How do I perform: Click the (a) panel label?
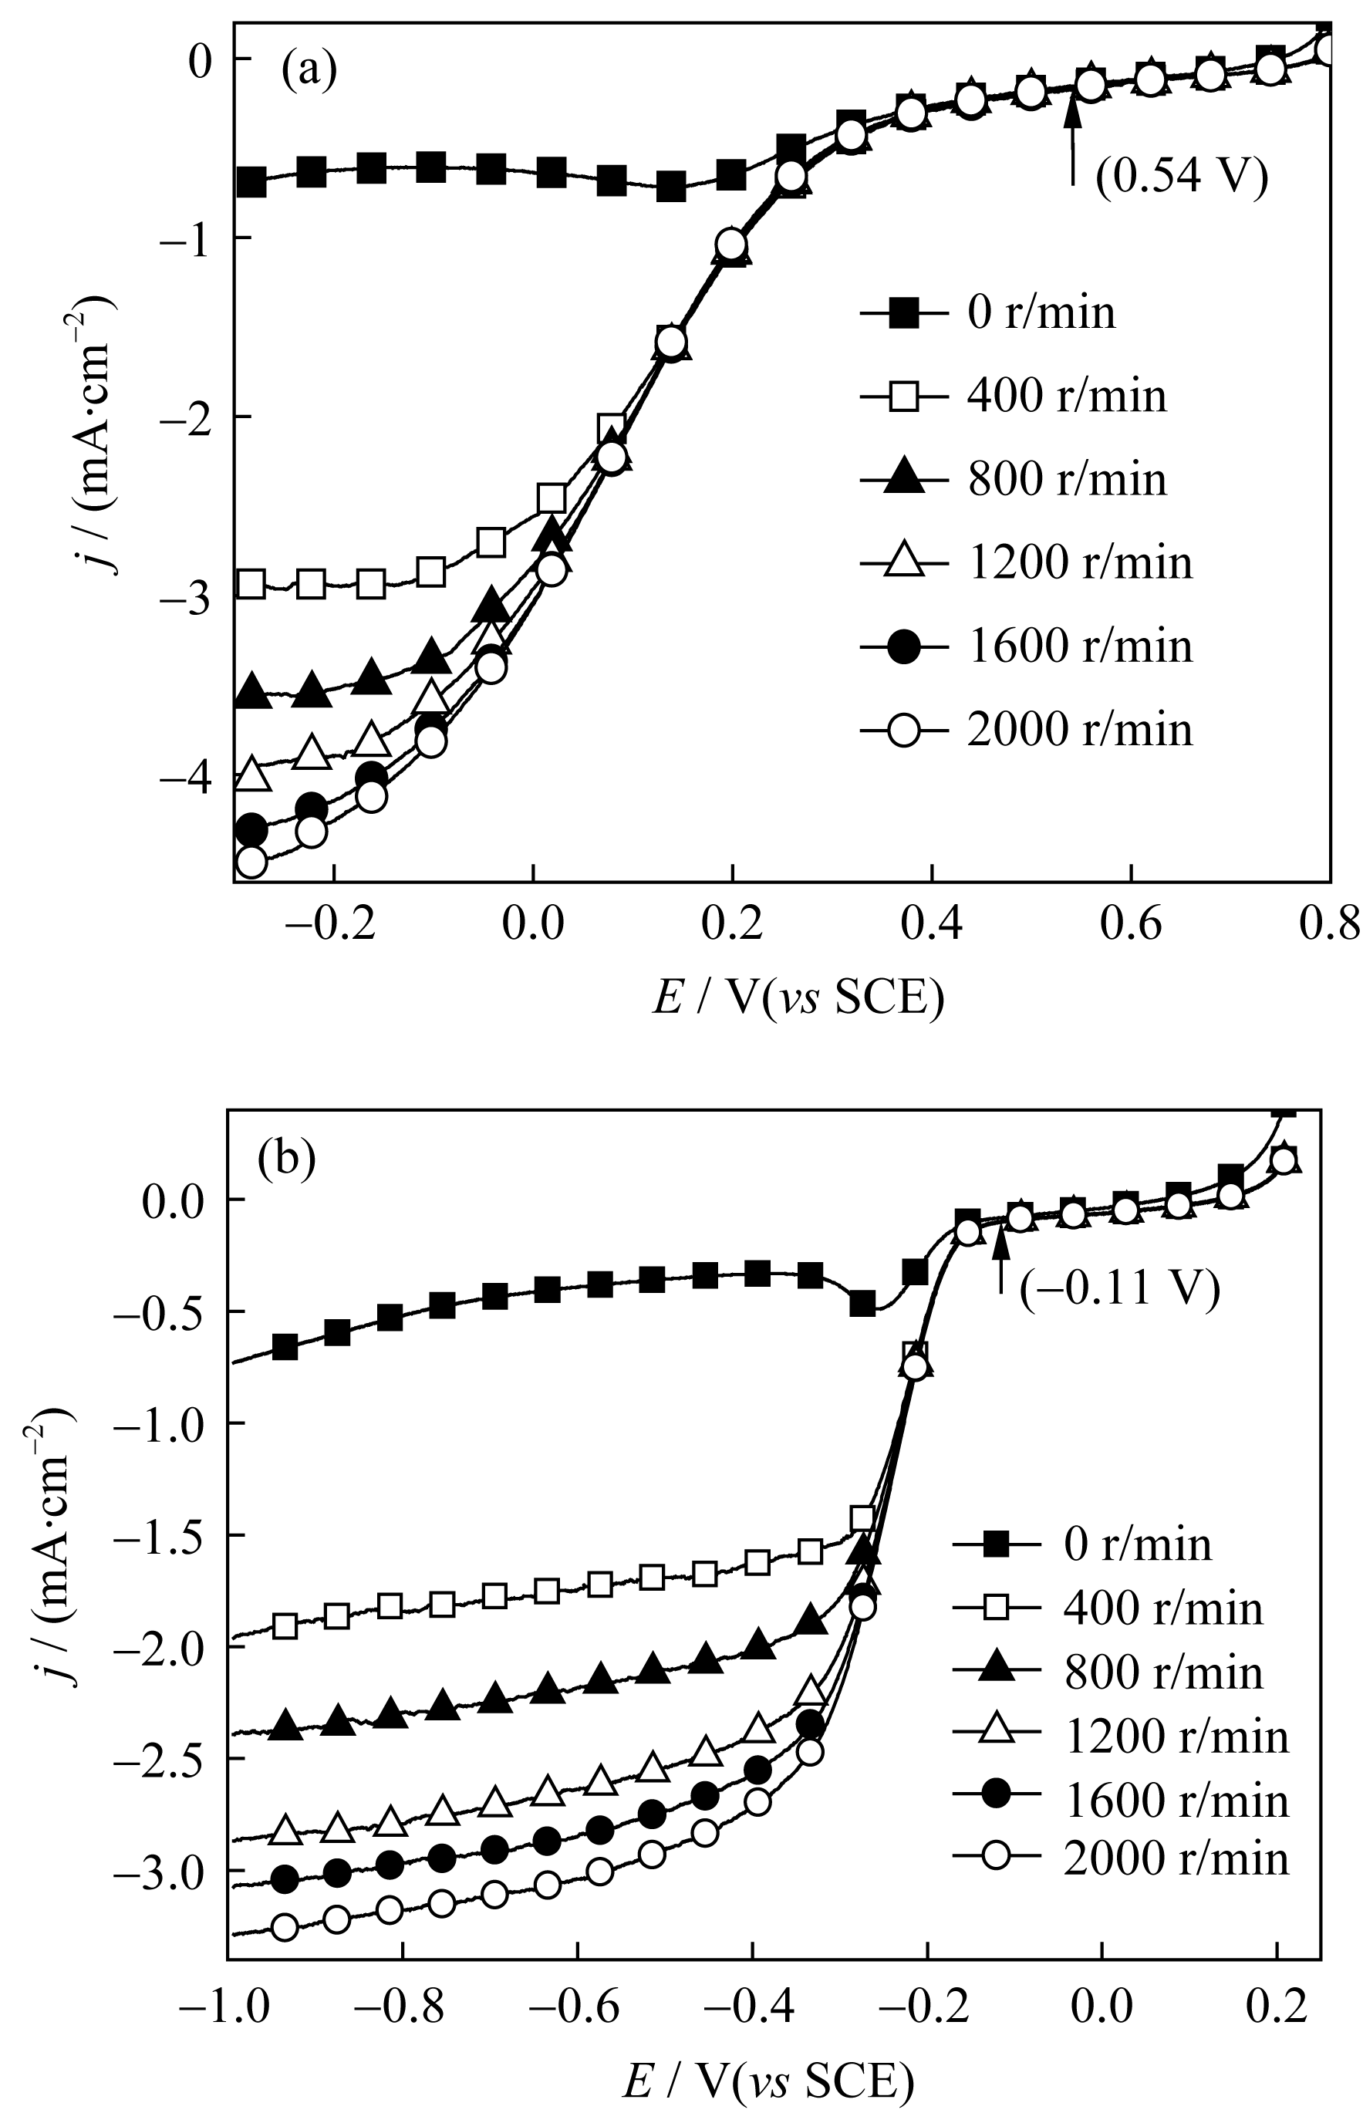309,72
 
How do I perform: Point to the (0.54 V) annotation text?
1182,175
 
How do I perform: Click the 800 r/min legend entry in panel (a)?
1013,479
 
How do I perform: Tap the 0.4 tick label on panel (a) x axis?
930,926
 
